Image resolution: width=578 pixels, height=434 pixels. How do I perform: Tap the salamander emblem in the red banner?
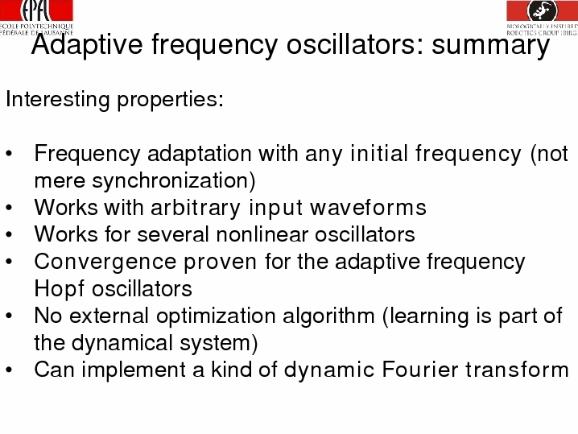(543, 10)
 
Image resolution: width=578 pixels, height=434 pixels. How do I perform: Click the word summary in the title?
(490, 45)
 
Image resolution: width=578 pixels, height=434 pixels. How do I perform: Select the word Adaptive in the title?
(87, 44)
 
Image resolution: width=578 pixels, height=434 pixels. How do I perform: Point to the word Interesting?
(58, 100)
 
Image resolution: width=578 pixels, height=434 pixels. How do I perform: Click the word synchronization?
(174, 181)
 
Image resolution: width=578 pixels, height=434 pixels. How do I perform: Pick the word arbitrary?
(196, 208)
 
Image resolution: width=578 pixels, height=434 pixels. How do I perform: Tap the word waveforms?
(368, 207)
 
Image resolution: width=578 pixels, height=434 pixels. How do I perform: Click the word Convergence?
(105, 262)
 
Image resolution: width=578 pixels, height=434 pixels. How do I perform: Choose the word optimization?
(216, 316)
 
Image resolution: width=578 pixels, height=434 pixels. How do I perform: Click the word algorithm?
(328, 316)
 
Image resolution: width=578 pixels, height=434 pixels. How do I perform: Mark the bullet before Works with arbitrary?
(9, 208)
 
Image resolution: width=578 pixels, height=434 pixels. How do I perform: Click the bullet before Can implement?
(9, 370)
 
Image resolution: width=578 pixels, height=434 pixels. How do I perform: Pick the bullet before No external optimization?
(9, 316)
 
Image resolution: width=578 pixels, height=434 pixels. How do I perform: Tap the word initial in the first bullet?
(380, 154)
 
